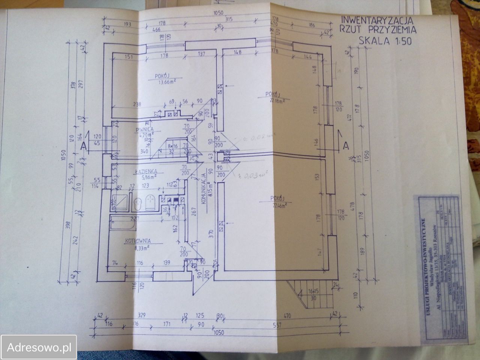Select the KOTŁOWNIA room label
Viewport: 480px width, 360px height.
pyautogui.click(x=139, y=241)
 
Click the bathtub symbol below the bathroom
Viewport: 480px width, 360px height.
pyautogui.click(x=122, y=224)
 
